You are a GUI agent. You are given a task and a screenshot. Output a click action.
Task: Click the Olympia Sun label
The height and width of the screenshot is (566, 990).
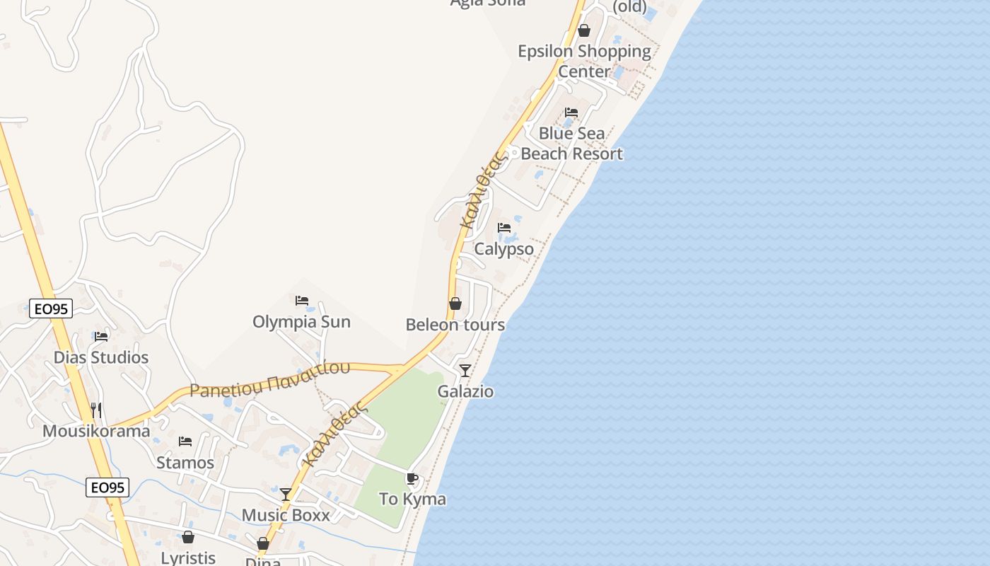(x=301, y=322)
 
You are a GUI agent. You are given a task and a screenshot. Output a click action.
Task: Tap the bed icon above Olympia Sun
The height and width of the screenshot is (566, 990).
(x=302, y=301)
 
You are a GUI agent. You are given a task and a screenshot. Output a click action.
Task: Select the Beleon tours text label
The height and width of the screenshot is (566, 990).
(x=455, y=325)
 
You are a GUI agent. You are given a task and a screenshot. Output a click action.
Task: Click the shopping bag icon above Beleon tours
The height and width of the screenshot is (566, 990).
(x=455, y=304)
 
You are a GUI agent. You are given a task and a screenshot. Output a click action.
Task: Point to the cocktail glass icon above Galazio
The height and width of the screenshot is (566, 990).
(x=465, y=370)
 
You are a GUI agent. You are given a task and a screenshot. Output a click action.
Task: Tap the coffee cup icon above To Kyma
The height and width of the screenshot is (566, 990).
(x=412, y=479)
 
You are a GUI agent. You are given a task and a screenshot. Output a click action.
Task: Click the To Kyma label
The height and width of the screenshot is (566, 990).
(x=412, y=499)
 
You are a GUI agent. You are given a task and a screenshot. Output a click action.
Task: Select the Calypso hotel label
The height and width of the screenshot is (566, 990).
(x=503, y=249)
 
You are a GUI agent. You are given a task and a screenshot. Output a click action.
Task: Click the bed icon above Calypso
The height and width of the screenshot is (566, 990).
(x=504, y=228)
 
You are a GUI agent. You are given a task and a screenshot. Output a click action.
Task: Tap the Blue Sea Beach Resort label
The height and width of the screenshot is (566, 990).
(x=571, y=144)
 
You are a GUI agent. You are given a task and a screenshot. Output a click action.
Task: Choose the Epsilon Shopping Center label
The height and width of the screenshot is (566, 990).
(x=584, y=61)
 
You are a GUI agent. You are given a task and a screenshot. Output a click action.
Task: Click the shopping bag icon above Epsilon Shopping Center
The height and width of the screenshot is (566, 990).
(x=584, y=30)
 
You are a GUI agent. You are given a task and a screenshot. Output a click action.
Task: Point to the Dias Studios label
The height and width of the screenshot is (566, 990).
(x=101, y=357)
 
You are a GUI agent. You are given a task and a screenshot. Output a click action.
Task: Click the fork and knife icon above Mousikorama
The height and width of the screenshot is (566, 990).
(x=96, y=410)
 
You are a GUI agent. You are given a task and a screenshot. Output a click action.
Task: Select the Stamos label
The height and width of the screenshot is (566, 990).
(x=185, y=463)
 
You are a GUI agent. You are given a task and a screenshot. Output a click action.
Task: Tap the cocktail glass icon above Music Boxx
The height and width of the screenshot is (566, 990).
(x=286, y=494)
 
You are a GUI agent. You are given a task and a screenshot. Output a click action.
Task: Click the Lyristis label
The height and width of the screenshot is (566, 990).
(x=188, y=558)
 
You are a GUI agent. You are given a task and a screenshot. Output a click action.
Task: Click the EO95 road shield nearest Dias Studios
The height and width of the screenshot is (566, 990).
(x=51, y=308)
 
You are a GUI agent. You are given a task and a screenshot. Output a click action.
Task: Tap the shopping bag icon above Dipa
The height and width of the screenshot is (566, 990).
(x=263, y=543)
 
